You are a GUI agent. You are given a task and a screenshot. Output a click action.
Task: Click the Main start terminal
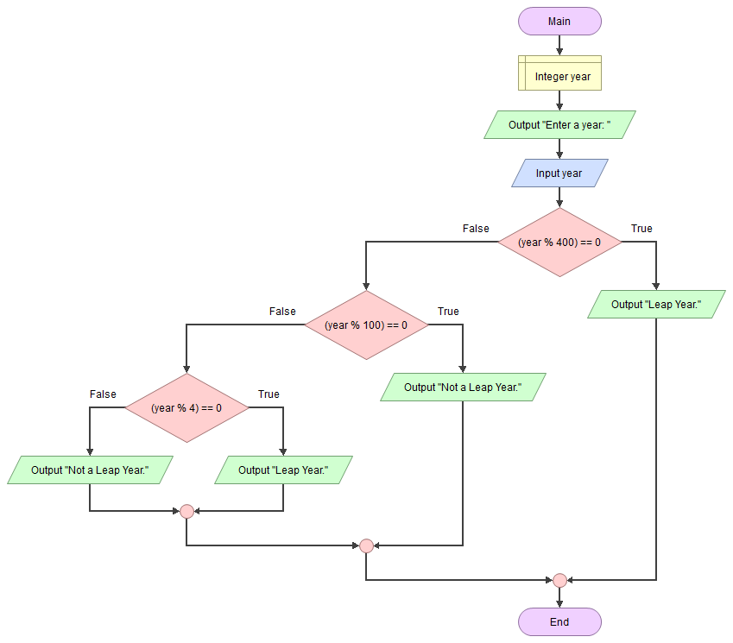point(559,22)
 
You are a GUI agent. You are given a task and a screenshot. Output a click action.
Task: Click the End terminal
point(559,621)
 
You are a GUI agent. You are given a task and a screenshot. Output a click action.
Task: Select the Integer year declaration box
point(559,76)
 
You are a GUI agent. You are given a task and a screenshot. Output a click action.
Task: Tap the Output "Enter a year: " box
point(559,125)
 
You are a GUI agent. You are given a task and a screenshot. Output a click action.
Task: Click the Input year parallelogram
point(559,173)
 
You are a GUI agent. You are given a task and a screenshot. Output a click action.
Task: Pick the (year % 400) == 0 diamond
point(559,243)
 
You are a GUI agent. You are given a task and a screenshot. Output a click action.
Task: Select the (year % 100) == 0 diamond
point(366,325)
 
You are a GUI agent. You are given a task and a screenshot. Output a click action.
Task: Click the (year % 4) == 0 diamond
point(186,407)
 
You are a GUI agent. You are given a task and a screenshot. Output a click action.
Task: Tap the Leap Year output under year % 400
point(656,305)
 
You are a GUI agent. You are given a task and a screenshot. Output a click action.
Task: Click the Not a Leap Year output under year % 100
point(463,388)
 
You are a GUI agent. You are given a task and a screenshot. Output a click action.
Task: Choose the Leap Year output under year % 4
point(283,470)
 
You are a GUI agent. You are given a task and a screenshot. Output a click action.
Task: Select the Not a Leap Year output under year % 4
point(90,470)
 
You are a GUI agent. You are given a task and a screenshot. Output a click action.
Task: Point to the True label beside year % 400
point(641,229)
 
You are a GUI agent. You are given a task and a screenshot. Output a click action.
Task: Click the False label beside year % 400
point(476,229)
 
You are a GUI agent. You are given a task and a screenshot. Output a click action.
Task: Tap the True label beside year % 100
point(448,312)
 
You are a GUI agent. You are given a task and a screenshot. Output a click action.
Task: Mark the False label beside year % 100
point(282,312)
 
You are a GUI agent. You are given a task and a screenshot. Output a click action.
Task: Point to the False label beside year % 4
point(103,394)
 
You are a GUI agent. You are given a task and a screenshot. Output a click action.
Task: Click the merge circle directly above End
point(559,580)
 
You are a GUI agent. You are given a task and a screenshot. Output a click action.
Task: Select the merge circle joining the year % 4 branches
point(186,511)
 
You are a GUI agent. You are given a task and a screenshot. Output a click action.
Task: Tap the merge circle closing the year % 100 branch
point(366,545)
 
